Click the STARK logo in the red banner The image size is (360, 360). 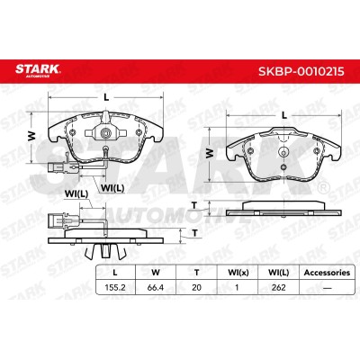(x=38, y=70)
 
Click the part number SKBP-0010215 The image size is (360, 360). (x=301, y=71)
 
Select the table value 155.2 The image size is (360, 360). (x=115, y=287)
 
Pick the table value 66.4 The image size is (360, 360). (x=156, y=287)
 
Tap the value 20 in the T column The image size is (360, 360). (x=196, y=287)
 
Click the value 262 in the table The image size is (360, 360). (x=278, y=287)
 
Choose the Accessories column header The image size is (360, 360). (x=327, y=273)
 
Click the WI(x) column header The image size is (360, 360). (x=238, y=273)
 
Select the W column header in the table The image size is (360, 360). (x=156, y=273)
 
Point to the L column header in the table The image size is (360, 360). (x=115, y=273)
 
